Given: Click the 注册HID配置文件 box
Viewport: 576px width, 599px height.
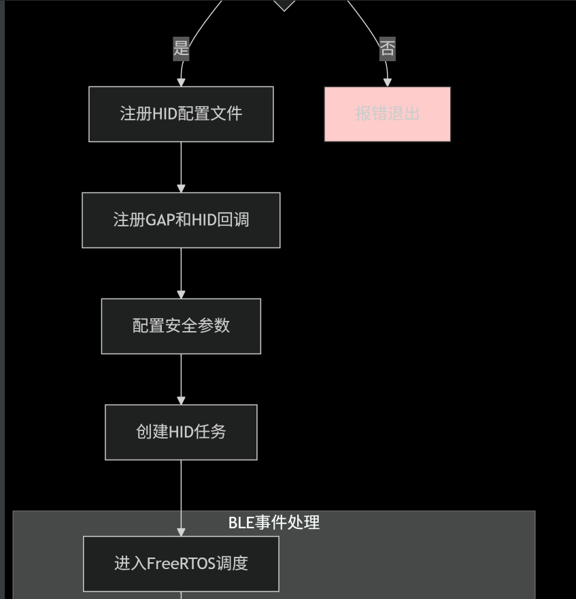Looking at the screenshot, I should pos(181,114).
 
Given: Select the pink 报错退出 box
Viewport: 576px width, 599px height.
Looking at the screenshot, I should pos(387,114).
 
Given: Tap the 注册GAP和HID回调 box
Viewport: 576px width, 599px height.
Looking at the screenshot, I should pos(181,220).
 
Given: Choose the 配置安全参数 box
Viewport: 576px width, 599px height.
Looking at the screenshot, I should pos(181,326).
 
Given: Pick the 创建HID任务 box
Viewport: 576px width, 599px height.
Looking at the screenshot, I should pos(181,432).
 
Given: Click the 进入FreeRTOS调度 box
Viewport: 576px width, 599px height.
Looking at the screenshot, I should pos(181,564).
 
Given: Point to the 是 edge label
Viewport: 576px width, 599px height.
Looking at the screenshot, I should pos(181,48).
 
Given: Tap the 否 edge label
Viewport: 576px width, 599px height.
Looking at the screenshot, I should pos(387,48).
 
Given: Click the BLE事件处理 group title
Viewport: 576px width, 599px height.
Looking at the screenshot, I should pos(273,522).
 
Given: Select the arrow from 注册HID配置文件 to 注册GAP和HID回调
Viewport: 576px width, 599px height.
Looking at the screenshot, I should pos(181,167).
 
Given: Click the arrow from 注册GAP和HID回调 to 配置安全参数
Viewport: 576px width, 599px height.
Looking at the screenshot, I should pos(181,273).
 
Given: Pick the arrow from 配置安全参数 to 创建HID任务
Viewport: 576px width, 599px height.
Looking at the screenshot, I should pos(181,379).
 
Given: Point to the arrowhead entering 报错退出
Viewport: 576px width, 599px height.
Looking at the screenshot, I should pos(387,82).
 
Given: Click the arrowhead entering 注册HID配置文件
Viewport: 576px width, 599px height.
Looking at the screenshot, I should pos(181,82).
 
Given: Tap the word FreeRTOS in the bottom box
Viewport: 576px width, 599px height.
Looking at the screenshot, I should pos(181,564).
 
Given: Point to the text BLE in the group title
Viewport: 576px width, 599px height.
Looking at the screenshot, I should pos(240,522).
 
